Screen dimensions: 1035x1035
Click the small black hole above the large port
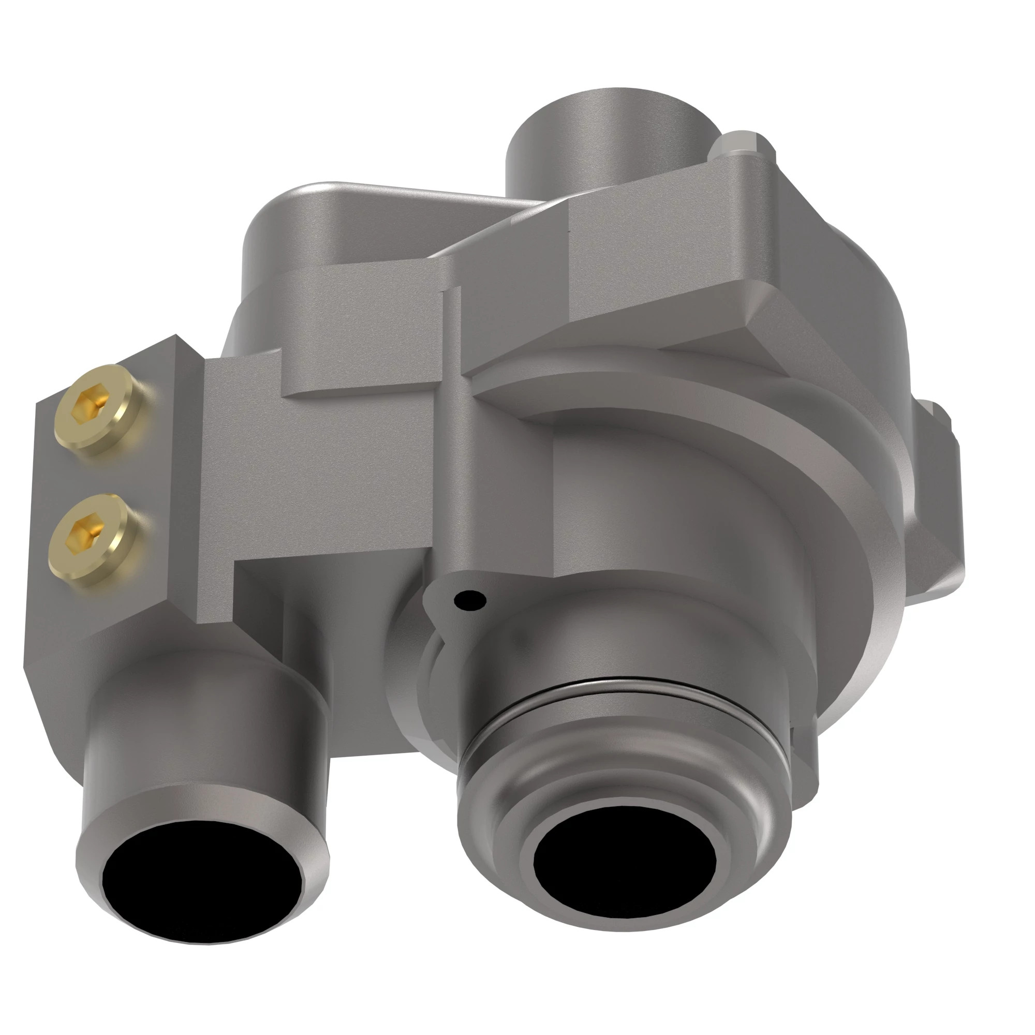[x=470, y=600]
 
